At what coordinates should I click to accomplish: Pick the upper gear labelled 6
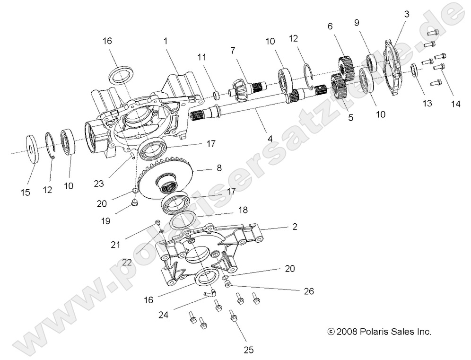pyautogui.click(x=346, y=67)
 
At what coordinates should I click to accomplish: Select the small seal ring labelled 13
pyautogui.click(x=413, y=70)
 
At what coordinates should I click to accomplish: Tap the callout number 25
pyautogui.click(x=248, y=350)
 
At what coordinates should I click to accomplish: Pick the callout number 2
pyautogui.click(x=295, y=227)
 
